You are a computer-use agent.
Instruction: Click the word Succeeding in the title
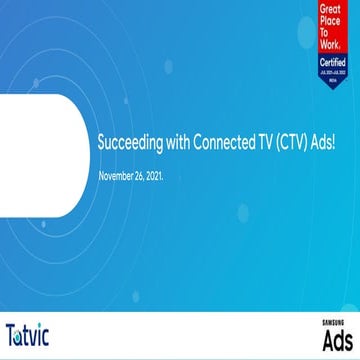click(x=121, y=144)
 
